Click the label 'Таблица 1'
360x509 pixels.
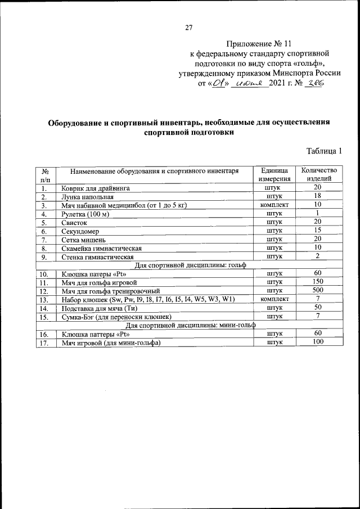coord(325,151)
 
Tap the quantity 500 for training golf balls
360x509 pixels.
coord(318,290)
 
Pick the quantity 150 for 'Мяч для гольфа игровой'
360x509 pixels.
coord(318,281)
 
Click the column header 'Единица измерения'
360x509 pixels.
coord(274,174)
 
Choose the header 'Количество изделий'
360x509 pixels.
coord(318,174)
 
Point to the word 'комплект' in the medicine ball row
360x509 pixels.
coord(274,205)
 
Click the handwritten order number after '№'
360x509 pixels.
coord(314,83)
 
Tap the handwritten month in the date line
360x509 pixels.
coord(250,83)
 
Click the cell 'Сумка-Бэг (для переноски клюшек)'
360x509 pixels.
coord(116,316)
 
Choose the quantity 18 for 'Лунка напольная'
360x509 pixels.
coord(318,196)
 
